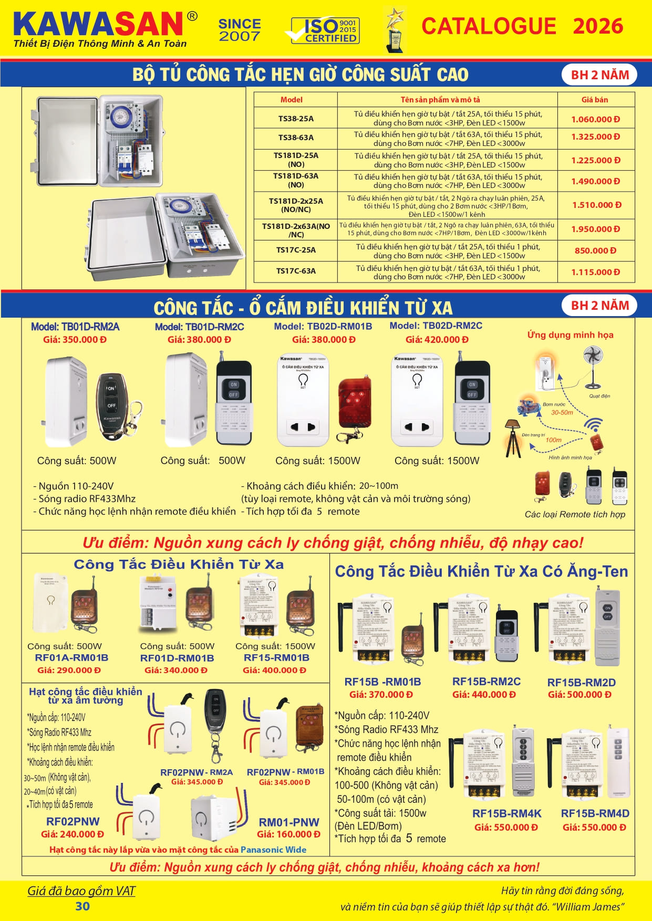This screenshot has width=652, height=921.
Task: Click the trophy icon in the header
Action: (395, 30)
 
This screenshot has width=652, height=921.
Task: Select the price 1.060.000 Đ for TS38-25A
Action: (595, 119)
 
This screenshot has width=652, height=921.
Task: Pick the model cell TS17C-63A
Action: (296, 271)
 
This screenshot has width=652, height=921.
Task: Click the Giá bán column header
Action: (594, 100)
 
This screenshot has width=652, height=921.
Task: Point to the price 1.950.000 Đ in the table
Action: (596, 229)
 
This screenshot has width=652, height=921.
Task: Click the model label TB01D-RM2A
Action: (75, 327)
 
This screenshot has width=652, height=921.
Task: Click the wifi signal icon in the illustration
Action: (594, 424)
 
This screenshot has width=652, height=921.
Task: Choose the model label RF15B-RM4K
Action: (506, 813)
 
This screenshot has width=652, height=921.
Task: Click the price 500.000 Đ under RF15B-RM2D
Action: (579, 695)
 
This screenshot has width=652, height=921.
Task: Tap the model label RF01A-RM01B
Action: (71, 658)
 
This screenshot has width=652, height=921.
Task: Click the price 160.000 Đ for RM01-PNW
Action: (288, 834)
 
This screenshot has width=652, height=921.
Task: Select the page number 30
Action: (82, 906)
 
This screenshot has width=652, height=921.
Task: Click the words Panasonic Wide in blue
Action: (273, 850)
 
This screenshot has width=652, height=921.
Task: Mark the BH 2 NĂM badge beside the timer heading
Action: (599, 75)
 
